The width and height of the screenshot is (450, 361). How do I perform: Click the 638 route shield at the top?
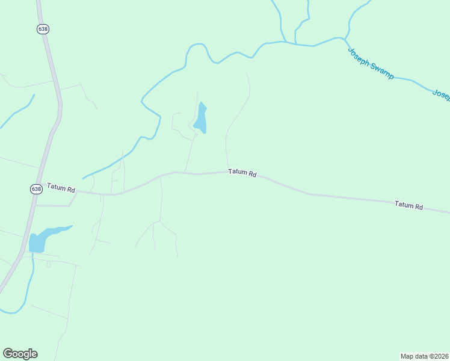tap(42, 29)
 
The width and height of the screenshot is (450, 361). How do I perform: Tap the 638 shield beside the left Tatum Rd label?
tap(36, 189)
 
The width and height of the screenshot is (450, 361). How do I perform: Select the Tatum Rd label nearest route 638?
tap(61, 188)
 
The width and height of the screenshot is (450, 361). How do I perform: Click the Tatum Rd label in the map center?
tap(242, 173)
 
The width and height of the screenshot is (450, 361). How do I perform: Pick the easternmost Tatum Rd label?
tap(408, 205)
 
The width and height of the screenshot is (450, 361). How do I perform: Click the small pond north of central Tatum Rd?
tap(201, 119)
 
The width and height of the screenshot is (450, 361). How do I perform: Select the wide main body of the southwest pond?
tap(37, 242)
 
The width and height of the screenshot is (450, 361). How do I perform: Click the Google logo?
tap(20, 354)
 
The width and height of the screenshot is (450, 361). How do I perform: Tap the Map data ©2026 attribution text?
tap(424, 356)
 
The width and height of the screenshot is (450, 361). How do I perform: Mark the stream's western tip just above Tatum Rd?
tap(84, 177)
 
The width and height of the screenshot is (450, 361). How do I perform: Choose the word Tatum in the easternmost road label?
tap(404, 205)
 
